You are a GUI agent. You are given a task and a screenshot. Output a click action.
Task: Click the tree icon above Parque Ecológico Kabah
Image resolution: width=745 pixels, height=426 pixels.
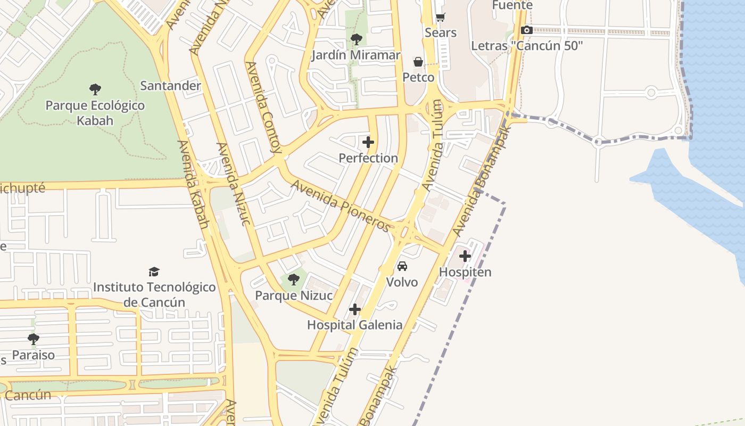click(x=95, y=89)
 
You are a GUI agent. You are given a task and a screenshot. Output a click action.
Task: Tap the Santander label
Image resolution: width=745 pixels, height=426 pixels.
click(x=170, y=85)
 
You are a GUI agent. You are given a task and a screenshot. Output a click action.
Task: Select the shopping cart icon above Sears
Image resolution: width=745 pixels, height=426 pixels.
click(x=440, y=17)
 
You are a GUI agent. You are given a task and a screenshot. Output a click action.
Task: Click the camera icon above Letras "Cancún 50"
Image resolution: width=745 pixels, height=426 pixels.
click(x=527, y=30)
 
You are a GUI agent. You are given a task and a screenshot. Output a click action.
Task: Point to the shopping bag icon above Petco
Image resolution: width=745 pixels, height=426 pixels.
click(x=418, y=62)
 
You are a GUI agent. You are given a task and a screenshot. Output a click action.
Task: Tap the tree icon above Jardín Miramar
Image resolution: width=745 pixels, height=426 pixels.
click(x=356, y=39)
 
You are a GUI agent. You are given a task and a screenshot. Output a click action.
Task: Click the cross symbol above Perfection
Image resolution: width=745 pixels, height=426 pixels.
click(x=368, y=142)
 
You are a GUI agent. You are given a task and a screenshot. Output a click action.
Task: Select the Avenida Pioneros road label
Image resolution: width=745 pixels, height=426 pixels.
click(x=341, y=206)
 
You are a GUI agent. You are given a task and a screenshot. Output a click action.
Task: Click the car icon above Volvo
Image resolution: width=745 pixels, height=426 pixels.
click(x=402, y=266)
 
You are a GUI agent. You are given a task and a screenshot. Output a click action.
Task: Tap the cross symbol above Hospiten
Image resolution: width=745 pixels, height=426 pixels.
click(x=465, y=256)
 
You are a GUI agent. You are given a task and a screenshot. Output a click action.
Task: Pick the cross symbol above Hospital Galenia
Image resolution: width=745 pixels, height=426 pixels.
click(x=355, y=309)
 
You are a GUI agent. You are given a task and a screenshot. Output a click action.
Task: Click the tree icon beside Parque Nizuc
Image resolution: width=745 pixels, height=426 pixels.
click(x=293, y=279)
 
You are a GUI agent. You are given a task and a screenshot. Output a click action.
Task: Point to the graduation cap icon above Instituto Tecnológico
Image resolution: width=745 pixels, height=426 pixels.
click(x=154, y=272)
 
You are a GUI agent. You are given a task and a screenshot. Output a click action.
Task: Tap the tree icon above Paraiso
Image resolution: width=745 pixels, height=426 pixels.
click(x=34, y=339)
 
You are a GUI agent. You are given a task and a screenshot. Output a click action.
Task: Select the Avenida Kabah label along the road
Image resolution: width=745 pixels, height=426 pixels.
click(x=193, y=184)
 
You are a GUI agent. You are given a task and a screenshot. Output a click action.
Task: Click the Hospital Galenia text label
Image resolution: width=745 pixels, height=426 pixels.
click(x=355, y=325)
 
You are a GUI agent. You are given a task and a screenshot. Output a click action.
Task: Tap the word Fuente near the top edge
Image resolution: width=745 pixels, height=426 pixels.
click(x=512, y=5)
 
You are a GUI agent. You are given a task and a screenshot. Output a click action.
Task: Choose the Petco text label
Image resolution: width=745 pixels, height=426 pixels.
click(x=418, y=78)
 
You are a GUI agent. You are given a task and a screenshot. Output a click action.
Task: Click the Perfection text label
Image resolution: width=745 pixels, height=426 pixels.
click(x=368, y=158)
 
